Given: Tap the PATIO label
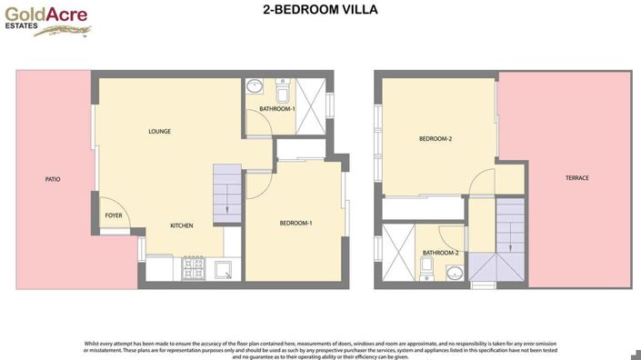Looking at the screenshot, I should (53, 179).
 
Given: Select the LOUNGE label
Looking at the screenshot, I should (160, 131).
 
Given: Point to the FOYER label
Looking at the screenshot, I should (114, 215).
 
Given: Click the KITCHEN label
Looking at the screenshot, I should (182, 225).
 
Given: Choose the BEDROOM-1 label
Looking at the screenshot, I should (295, 223).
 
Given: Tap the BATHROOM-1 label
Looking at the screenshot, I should (277, 109).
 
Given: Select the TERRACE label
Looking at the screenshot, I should (577, 177).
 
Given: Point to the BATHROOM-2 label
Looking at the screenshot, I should (440, 252).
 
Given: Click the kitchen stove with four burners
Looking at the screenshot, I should (195, 268).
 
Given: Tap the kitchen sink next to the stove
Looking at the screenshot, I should (223, 268).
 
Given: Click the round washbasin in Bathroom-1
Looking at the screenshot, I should (255, 88).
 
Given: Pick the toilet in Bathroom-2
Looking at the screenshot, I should (426, 267).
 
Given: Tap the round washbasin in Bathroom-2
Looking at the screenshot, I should (453, 273).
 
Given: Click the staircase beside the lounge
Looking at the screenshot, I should (228, 193).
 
